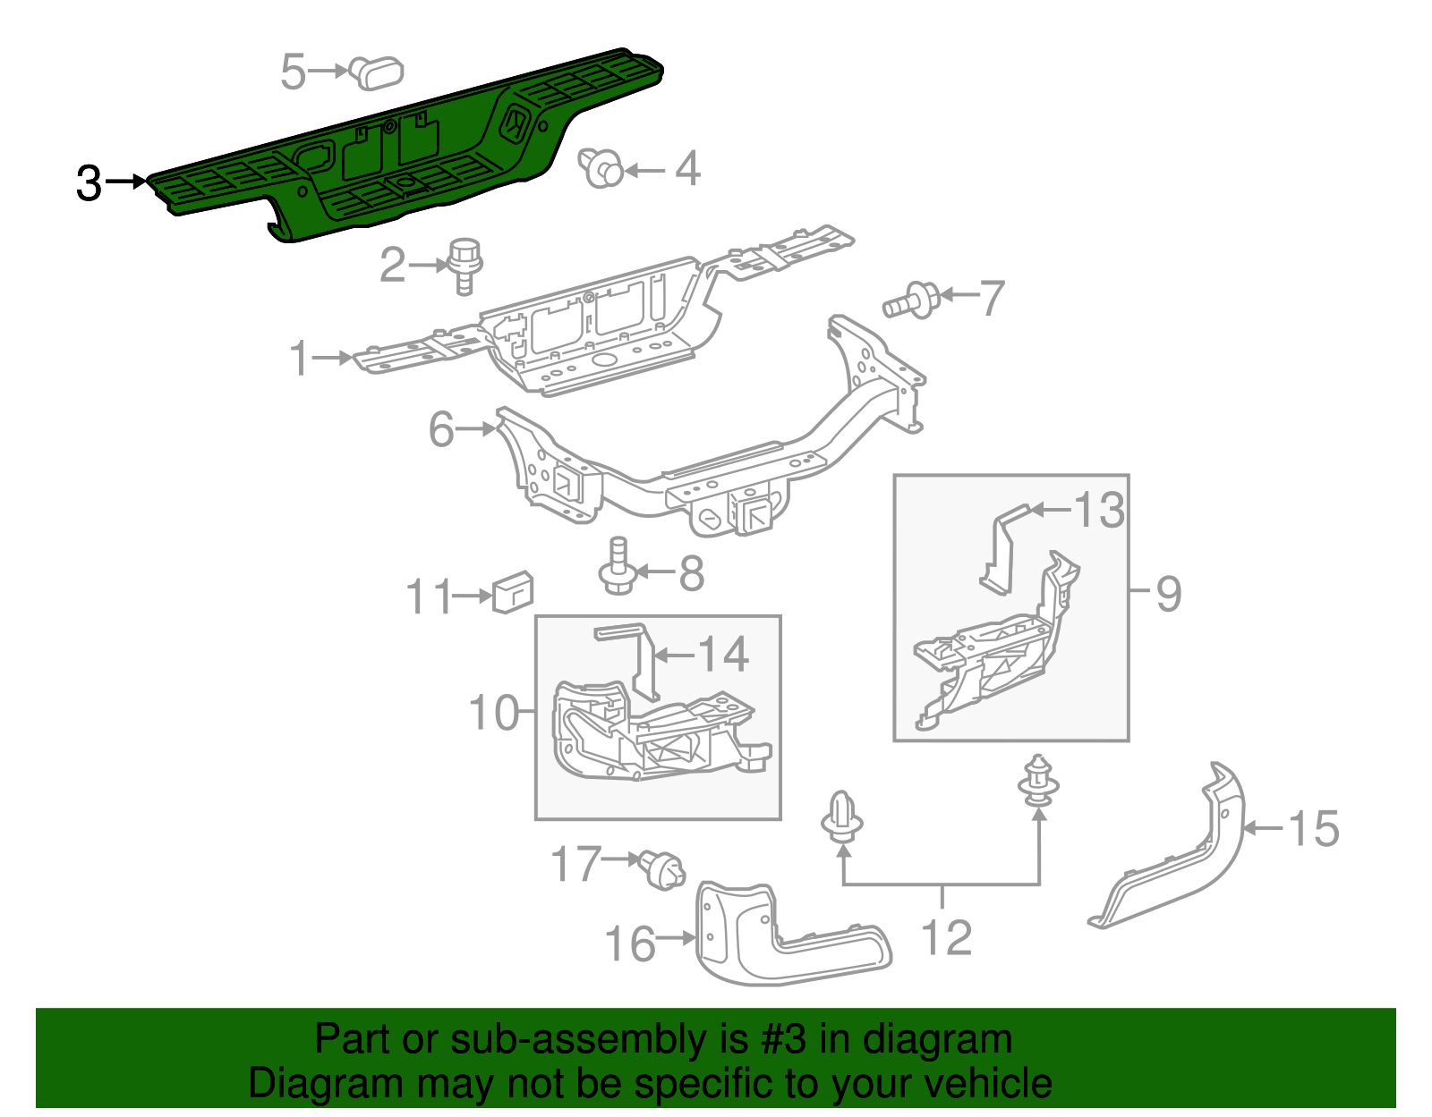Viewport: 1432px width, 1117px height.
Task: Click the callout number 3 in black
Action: click(89, 183)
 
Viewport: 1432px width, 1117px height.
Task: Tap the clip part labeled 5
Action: click(378, 72)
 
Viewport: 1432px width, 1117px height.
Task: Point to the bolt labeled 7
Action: click(913, 300)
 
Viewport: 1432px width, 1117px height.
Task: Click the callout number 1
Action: click(300, 359)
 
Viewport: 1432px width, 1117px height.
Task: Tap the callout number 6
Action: click(441, 429)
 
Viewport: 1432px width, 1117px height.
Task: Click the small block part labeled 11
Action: click(513, 592)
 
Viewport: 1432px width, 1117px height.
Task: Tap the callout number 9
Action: click(1168, 594)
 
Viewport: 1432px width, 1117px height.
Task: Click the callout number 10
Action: click(493, 713)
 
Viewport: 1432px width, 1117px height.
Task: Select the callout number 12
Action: click(946, 938)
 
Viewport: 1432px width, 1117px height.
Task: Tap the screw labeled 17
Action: click(662, 870)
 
